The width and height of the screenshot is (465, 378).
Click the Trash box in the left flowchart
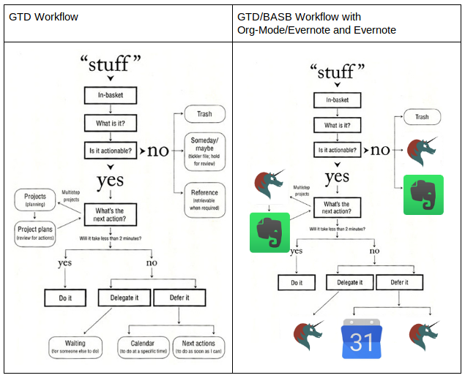[x=204, y=113]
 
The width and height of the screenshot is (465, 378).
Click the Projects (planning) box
[x=35, y=200]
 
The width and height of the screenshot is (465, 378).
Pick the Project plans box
[x=35, y=233]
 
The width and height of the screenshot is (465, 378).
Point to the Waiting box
[x=75, y=347]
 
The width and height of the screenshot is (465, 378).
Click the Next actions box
[x=198, y=347]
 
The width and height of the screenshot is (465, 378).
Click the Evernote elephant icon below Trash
[x=424, y=194]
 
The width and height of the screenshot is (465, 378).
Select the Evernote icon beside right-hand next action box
[x=270, y=232]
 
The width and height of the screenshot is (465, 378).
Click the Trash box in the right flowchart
[x=422, y=117]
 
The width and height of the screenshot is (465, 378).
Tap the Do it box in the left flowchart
[x=67, y=298]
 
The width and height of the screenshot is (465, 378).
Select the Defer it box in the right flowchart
[x=399, y=282]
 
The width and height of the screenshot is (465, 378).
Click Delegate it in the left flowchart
[x=124, y=298]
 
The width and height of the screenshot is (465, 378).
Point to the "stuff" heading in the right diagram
[x=337, y=72]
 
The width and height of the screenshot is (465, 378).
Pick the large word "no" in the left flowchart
[x=158, y=151]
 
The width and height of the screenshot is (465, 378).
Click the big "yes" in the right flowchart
[x=338, y=176]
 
